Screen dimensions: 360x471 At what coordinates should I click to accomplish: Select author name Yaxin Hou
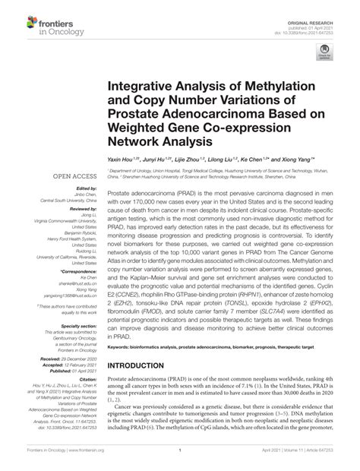click(x=122, y=160)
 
